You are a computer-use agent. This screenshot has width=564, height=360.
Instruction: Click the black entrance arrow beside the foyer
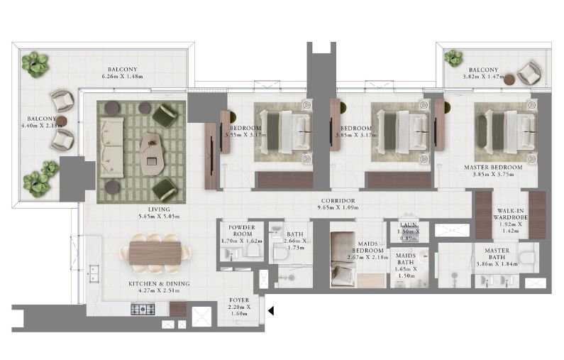(x=271, y=310)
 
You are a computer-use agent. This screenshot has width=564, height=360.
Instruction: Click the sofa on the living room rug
(x=111, y=147)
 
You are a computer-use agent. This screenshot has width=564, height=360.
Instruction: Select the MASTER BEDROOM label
(x=492, y=168)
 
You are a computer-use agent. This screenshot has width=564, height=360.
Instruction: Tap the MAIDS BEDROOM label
(x=369, y=250)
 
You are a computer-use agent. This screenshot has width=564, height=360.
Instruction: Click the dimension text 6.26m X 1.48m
(x=122, y=76)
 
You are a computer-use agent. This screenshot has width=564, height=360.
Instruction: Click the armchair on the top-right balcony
(x=528, y=72)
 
